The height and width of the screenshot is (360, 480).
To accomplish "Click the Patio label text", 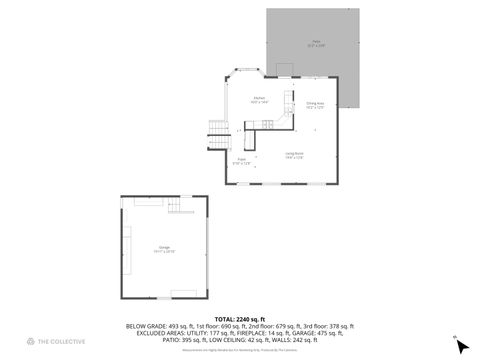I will [316, 43].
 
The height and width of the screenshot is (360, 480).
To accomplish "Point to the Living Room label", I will [293, 154].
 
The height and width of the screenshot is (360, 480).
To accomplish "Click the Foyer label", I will [242, 160].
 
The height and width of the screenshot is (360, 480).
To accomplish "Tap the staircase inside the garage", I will [177, 206].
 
